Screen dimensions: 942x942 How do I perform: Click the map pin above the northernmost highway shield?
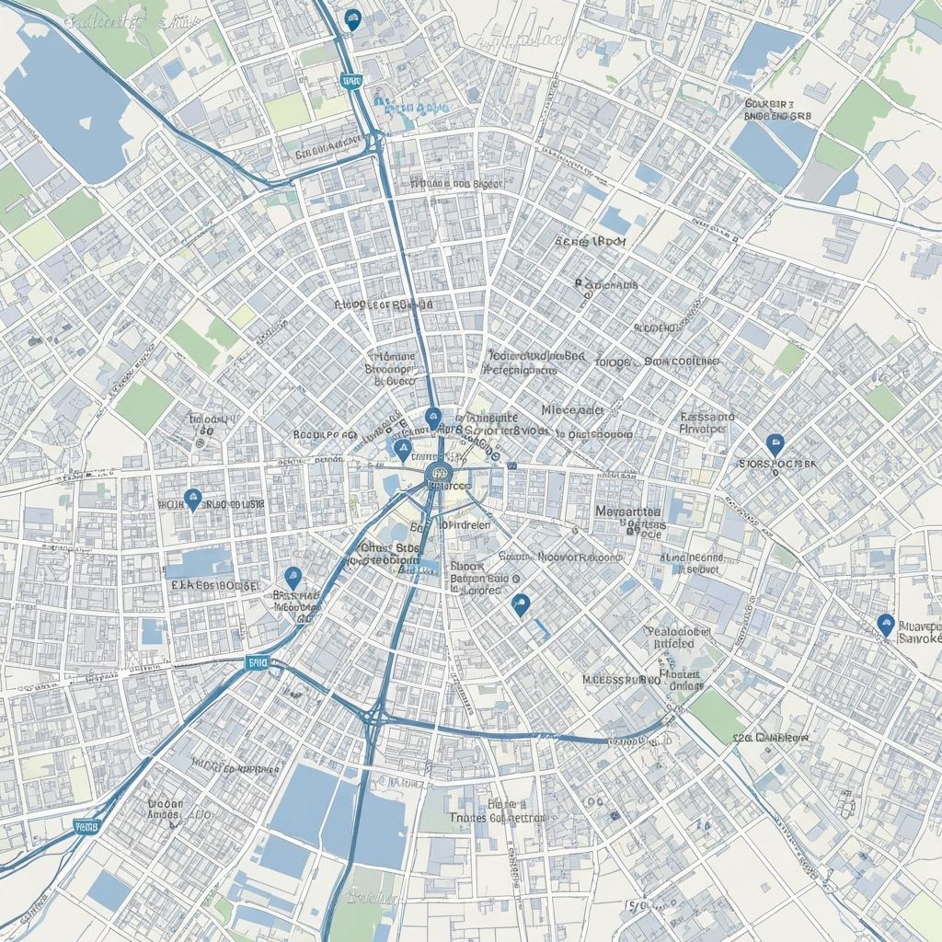(x=351, y=17)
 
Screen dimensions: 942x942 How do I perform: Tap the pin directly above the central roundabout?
(x=433, y=419)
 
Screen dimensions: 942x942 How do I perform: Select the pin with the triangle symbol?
(x=402, y=449)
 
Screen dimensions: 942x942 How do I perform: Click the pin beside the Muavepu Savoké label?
(x=885, y=625)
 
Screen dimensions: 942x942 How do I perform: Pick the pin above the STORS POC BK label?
(x=775, y=444)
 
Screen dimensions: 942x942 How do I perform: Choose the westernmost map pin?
(x=192, y=499)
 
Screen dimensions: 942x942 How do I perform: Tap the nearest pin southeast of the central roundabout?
(x=521, y=603)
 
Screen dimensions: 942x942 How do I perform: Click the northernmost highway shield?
(x=350, y=81)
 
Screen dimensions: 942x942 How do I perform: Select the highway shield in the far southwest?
(x=86, y=826)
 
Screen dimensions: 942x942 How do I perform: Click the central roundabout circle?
(x=437, y=476)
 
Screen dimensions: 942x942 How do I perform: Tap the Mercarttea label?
(x=628, y=511)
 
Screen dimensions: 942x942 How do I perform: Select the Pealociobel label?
(x=679, y=632)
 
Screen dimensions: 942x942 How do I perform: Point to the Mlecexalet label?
(x=572, y=409)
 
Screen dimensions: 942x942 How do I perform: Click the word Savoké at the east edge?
(x=920, y=638)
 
